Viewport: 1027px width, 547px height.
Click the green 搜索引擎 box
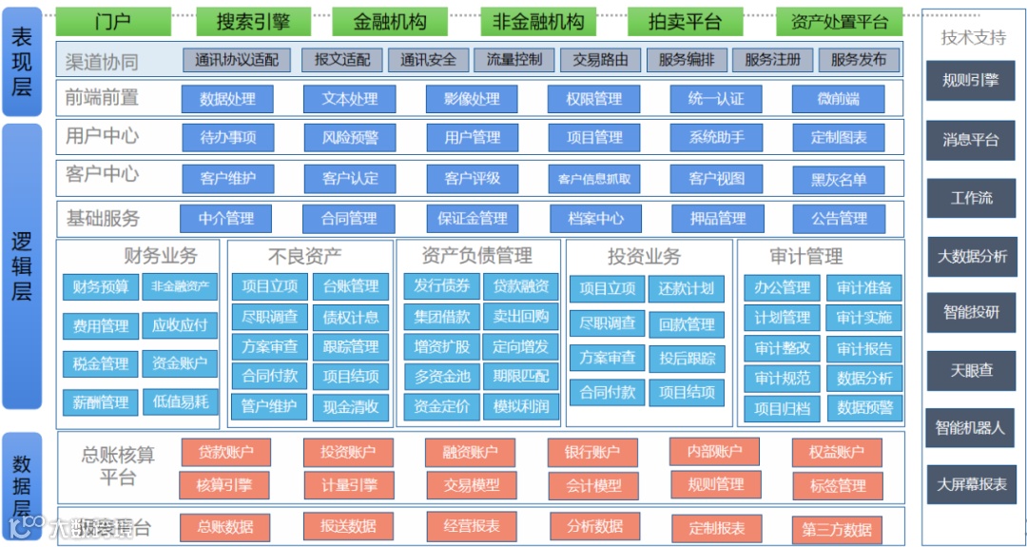(x=253, y=21)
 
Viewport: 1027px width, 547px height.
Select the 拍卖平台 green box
(x=685, y=21)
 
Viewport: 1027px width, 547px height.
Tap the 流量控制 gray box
(x=514, y=60)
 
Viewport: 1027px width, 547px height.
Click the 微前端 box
(x=838, y=99)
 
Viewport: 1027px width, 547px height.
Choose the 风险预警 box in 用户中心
(x=350, y=137)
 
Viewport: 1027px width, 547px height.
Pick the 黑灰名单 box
(x=839, y=179)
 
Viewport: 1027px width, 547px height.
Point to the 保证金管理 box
(x=473, y=219)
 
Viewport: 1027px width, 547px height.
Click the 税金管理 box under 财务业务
(x=101, y=363)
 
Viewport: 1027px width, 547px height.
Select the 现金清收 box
(x=351, y=407)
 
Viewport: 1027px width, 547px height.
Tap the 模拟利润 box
(x=521, y=406)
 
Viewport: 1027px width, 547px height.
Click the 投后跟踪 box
(x=687, y=358)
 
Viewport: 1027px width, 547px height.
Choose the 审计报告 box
(x=864, y=348)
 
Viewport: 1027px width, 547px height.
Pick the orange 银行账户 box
(x=592, y=453)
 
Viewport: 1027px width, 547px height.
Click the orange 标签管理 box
(x=838, y=486)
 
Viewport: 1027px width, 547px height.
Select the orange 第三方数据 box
(x=837, y=530)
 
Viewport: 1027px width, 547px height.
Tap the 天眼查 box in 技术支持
(x=972, y=370)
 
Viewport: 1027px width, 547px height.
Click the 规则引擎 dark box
(x=971, y=81)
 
